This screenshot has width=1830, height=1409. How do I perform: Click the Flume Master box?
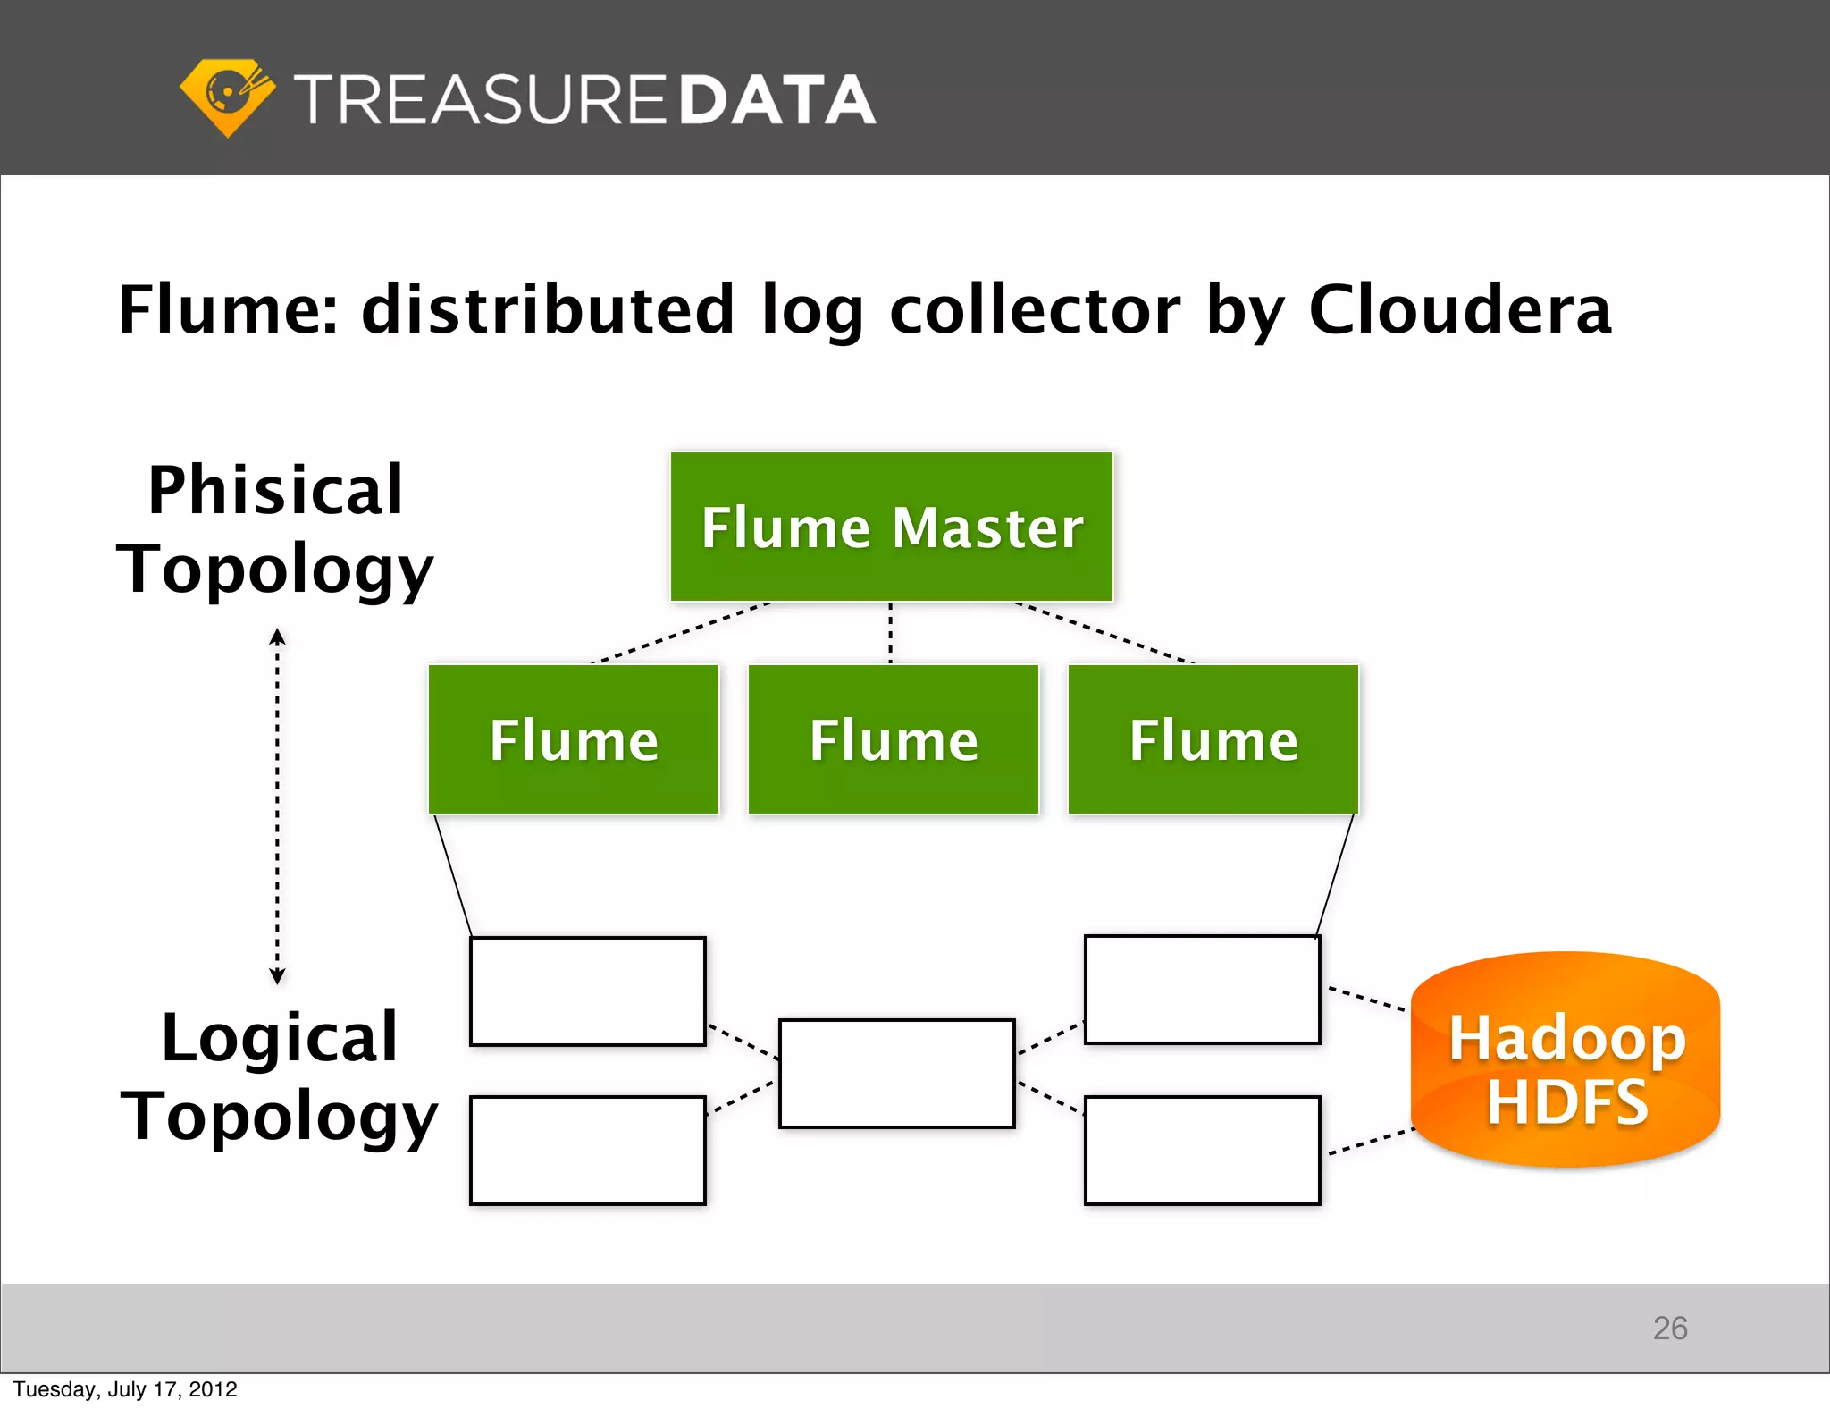coord(892,527)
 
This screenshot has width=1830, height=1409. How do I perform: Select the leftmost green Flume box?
coord(574,739)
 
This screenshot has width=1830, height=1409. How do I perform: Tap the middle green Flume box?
coord(894,739)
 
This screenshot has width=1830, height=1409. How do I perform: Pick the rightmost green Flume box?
coord(1213,739)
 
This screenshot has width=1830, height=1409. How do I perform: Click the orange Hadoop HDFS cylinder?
coord(1566,1060)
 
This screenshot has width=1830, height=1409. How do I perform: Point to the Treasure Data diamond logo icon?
coord(227,97)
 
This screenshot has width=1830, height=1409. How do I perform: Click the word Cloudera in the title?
coord(1460,309)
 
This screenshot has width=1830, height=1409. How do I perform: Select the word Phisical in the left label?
coord(275,490)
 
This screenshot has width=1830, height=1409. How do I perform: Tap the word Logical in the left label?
coord(279,1037)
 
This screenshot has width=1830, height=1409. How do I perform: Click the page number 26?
coord(1670,1329)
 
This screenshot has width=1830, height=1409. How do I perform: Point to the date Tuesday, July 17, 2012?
coord(125,1389)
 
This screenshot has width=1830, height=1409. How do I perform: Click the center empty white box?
coord(897,1073)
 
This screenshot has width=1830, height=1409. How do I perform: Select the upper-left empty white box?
coord(588,991)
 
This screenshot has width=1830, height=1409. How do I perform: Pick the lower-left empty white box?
coord(588,1151)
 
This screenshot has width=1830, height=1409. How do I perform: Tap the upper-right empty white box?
coord(1203,990)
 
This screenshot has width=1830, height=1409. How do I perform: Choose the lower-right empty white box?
coord(1203,1151)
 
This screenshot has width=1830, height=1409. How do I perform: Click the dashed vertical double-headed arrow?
coord(277,805)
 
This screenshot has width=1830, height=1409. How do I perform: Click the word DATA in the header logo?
coord(776,99)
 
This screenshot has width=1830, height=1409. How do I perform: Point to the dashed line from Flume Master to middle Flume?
coord(890,633)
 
